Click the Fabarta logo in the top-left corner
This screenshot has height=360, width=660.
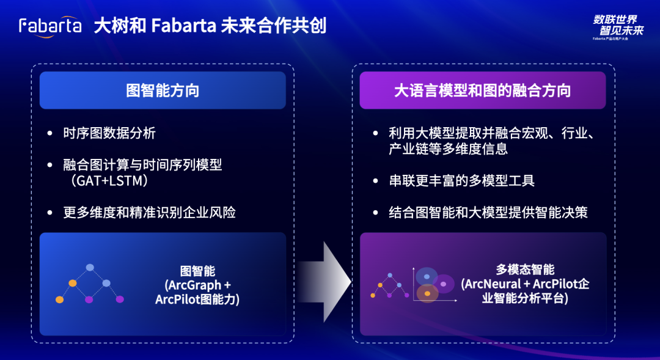click(50, 26)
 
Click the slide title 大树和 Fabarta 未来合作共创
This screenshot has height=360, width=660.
click(210, 26)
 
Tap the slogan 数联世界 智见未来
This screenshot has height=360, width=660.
click(618, 25)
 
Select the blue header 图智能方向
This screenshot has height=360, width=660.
click(163, 90)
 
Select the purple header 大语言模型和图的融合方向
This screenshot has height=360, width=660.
click(482, 90)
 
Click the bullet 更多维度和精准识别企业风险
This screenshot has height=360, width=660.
click(149, 213)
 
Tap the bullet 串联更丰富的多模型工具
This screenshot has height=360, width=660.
click(461, 181)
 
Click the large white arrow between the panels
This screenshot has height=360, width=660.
click(328, 281)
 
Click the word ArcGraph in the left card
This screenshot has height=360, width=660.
click(194, 285)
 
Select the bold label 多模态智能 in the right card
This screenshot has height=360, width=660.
click(525, 270)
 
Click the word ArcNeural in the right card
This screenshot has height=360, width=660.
click(492, 284)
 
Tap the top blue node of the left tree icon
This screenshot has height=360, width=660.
click(90, 268)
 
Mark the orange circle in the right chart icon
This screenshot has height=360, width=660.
click(427, 294)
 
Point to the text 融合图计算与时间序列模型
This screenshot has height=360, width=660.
click(142, 165)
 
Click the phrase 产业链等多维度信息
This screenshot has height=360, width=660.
click(448, 149)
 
